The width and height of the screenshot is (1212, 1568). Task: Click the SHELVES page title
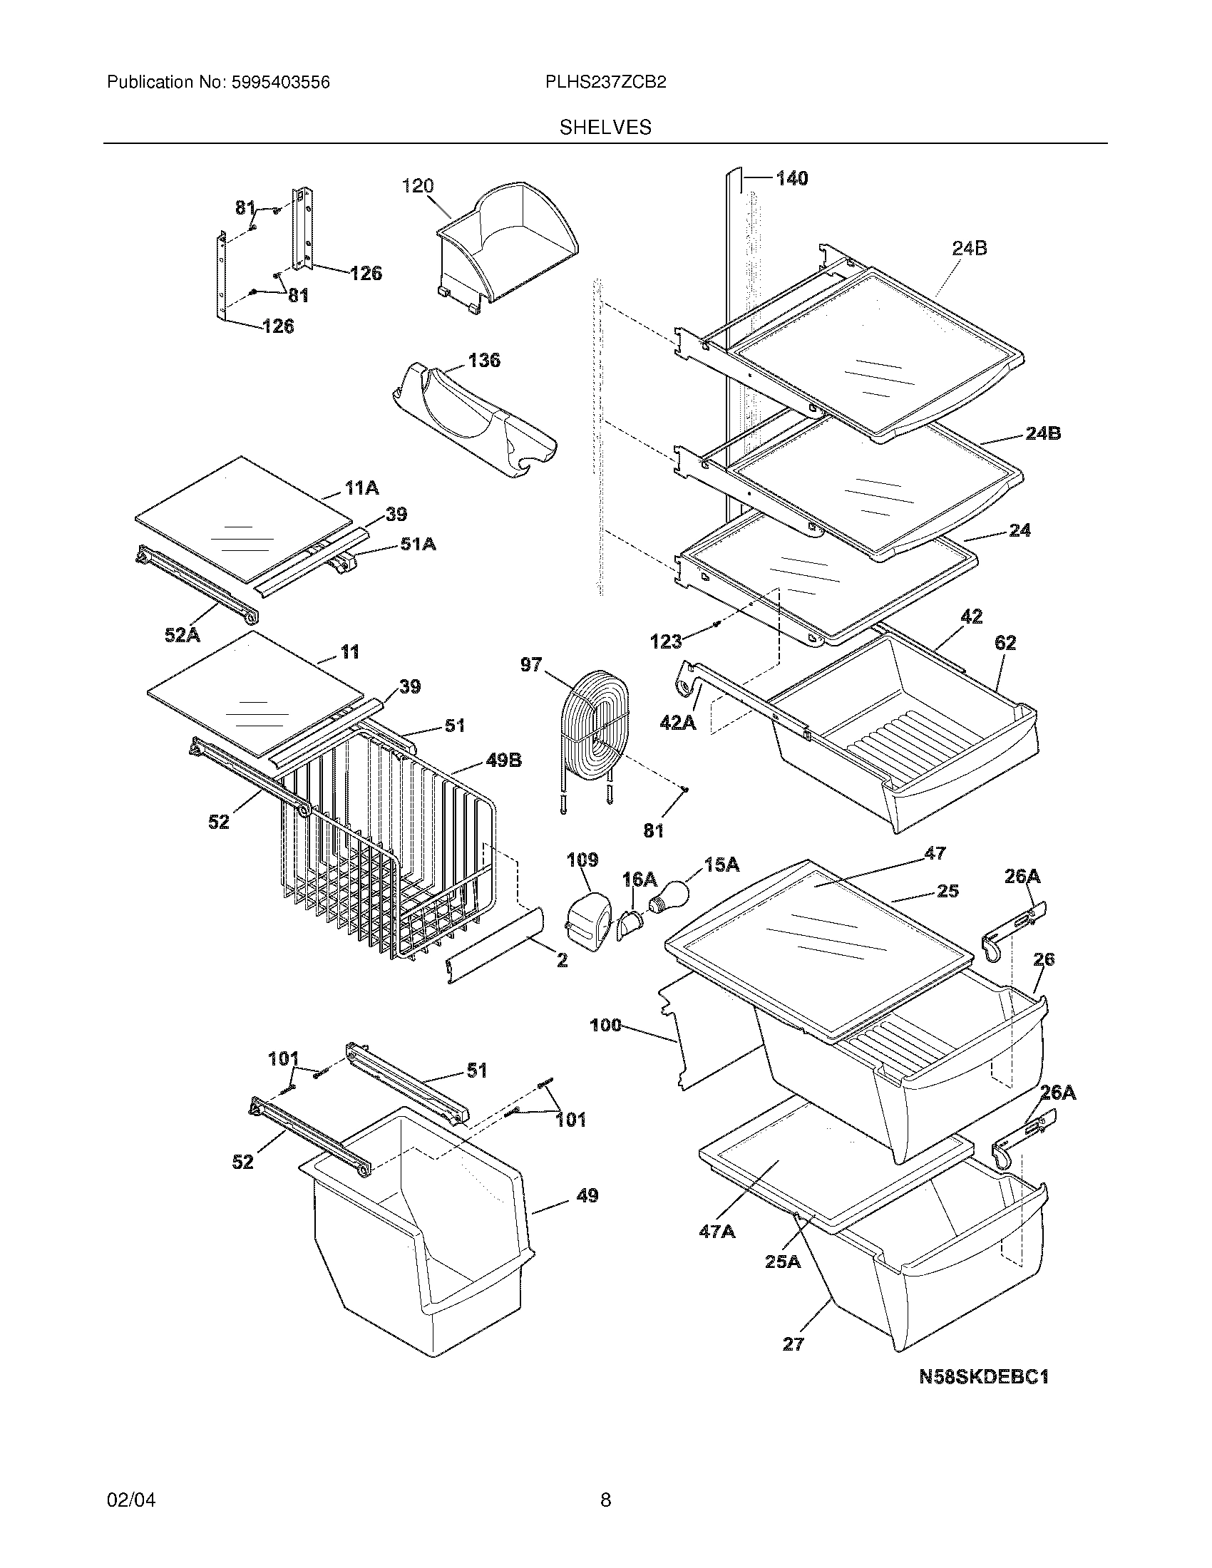coord(605,127)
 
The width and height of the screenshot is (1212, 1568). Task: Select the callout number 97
coord(531,665)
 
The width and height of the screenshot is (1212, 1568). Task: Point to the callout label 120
coord(418,186)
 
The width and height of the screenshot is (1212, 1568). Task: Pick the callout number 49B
coord(503,760)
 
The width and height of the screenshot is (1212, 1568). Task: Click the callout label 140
coord(791,178)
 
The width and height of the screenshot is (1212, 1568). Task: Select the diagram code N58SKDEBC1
coord(985,1376)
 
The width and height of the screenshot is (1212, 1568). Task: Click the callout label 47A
coord(717,1232)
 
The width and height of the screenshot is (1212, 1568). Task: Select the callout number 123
coord(665,641)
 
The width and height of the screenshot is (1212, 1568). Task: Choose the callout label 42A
coord(678,722)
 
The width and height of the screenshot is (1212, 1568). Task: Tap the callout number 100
coord(605,1025)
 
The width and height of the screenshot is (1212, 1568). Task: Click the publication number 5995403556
coord(280,83)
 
